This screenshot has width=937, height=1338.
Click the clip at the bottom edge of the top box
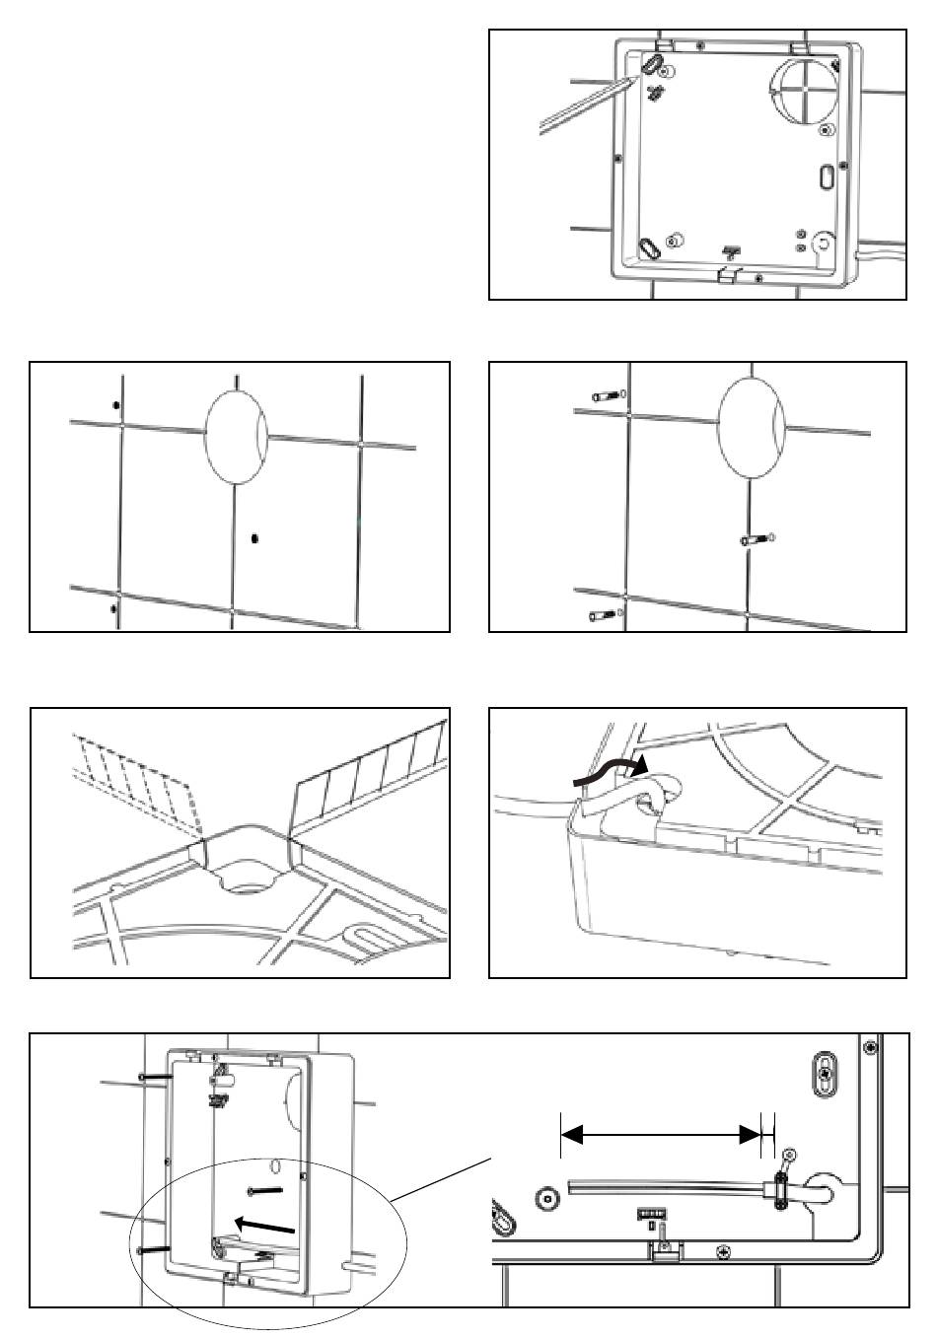[728, 273]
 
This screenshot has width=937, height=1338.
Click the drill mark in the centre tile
[254, 538]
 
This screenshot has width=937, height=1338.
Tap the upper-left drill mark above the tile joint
[116, 405]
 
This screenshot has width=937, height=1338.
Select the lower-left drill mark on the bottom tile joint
[113, 608]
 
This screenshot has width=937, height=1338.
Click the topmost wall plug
[605, 396]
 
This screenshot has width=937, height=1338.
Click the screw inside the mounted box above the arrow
[265, 1191]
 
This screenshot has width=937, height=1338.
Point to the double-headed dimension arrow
[660, 1136]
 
